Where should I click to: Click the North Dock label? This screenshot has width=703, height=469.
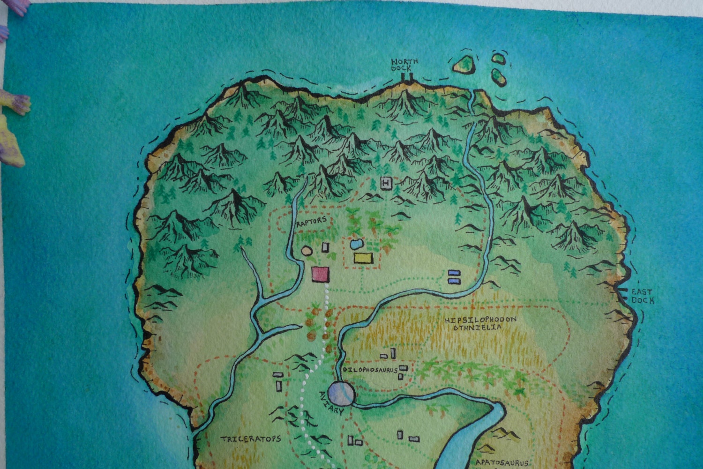tap(404, 65)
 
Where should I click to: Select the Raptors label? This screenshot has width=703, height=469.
tap(312, 221)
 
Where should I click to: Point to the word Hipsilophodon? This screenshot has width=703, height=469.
tap(480, 320)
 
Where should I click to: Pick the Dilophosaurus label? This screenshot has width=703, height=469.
tap(370, 370)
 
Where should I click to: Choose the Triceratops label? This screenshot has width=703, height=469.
tap(251, 439)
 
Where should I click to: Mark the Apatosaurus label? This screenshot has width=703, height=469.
tap(502, 463)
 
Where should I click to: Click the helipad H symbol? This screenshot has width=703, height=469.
tap(386, 183)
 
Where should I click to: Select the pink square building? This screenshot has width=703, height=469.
tap(320, 274)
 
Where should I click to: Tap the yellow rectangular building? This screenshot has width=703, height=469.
tap(363, 258)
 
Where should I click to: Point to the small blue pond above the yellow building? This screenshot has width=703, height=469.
tap(357, 244)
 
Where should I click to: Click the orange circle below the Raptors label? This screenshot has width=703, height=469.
tap(307, 251)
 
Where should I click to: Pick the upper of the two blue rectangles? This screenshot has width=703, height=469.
tap(454, 273)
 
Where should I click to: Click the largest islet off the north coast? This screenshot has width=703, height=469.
tap(464, 64)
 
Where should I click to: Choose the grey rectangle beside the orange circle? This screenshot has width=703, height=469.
tap(325, 247)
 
